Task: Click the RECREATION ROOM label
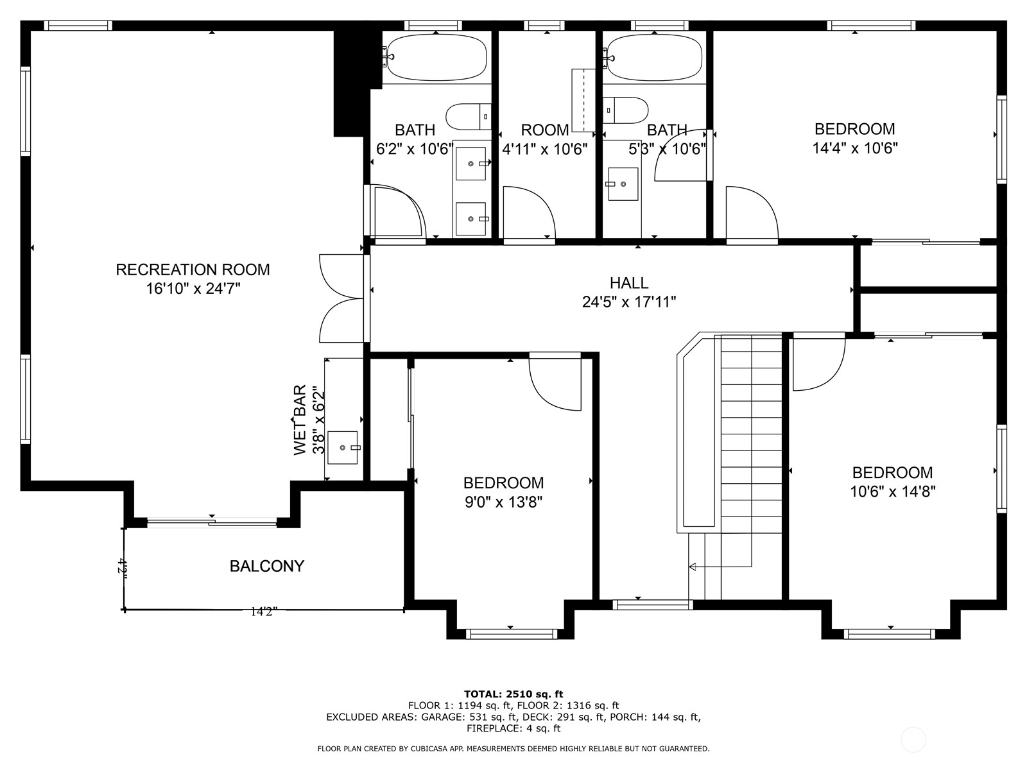193,269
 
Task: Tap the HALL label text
629,283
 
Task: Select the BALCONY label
267,566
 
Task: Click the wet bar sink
343,447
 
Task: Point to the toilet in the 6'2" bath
469,116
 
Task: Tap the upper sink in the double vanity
471,164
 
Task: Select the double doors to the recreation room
343,298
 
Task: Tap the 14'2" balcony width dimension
263,612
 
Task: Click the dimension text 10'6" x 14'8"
892,492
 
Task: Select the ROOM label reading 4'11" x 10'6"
544,130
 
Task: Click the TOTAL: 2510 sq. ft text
513,694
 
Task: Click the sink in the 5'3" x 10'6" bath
623,184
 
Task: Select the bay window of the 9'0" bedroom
511,634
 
